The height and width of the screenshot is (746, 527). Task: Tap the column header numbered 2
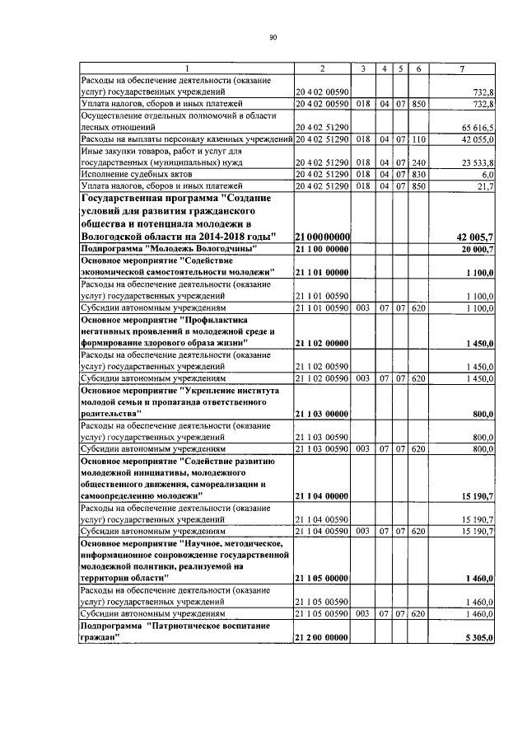[323, 68]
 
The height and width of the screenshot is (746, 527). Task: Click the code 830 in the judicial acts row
[418, 176]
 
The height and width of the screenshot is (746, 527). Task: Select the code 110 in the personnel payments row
[418, 140]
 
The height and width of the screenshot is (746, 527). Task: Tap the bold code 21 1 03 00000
[322, 413]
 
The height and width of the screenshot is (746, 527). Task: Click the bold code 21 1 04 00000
[322, 496]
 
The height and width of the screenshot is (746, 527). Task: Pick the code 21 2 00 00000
[322, 639]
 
